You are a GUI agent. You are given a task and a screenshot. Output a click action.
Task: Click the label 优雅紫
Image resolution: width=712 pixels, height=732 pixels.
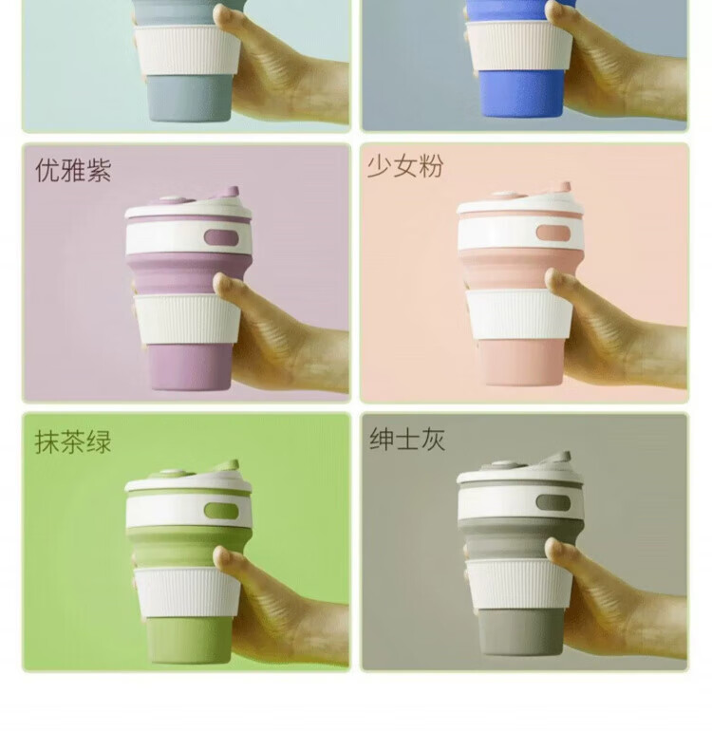(x=73, y=169)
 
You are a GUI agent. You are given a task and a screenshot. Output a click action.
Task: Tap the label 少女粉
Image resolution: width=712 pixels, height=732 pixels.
(x=404, y=166)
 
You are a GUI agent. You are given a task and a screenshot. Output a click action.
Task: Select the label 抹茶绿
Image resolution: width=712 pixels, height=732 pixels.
(x=73, y=441)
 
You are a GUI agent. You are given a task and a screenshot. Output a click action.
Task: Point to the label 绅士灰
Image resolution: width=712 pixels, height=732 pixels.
(x=407, y=439)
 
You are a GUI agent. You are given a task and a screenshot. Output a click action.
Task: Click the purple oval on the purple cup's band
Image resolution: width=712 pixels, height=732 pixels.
(x=221, y=237)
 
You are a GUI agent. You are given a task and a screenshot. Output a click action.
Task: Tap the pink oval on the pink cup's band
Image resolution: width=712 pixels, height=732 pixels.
(x=553, y=233)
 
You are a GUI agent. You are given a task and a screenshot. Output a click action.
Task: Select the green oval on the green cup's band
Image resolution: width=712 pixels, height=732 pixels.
(x=221, y=511)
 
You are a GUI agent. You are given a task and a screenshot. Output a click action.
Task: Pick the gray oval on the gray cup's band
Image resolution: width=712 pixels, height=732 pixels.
(x=553, y=503)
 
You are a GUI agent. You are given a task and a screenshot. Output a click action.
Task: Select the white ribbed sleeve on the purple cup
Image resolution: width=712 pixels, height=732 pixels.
(x=187, y=320)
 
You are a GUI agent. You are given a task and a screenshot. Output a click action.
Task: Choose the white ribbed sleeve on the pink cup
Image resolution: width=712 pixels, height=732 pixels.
(x=518, y=314)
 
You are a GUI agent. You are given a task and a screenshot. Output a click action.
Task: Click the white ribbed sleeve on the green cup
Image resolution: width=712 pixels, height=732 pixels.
(x=187, y=592)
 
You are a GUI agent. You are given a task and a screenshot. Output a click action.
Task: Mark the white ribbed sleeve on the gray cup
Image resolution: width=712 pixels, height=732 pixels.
(x=518, y=585)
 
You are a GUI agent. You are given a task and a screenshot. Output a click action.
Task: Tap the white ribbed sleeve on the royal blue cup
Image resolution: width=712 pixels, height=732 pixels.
(x=518, y=47)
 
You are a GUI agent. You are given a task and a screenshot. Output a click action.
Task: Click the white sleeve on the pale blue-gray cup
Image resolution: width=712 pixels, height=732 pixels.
(x=187, y=50)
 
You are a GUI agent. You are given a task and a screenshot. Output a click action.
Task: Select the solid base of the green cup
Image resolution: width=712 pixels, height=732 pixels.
(x=189, y=639)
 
